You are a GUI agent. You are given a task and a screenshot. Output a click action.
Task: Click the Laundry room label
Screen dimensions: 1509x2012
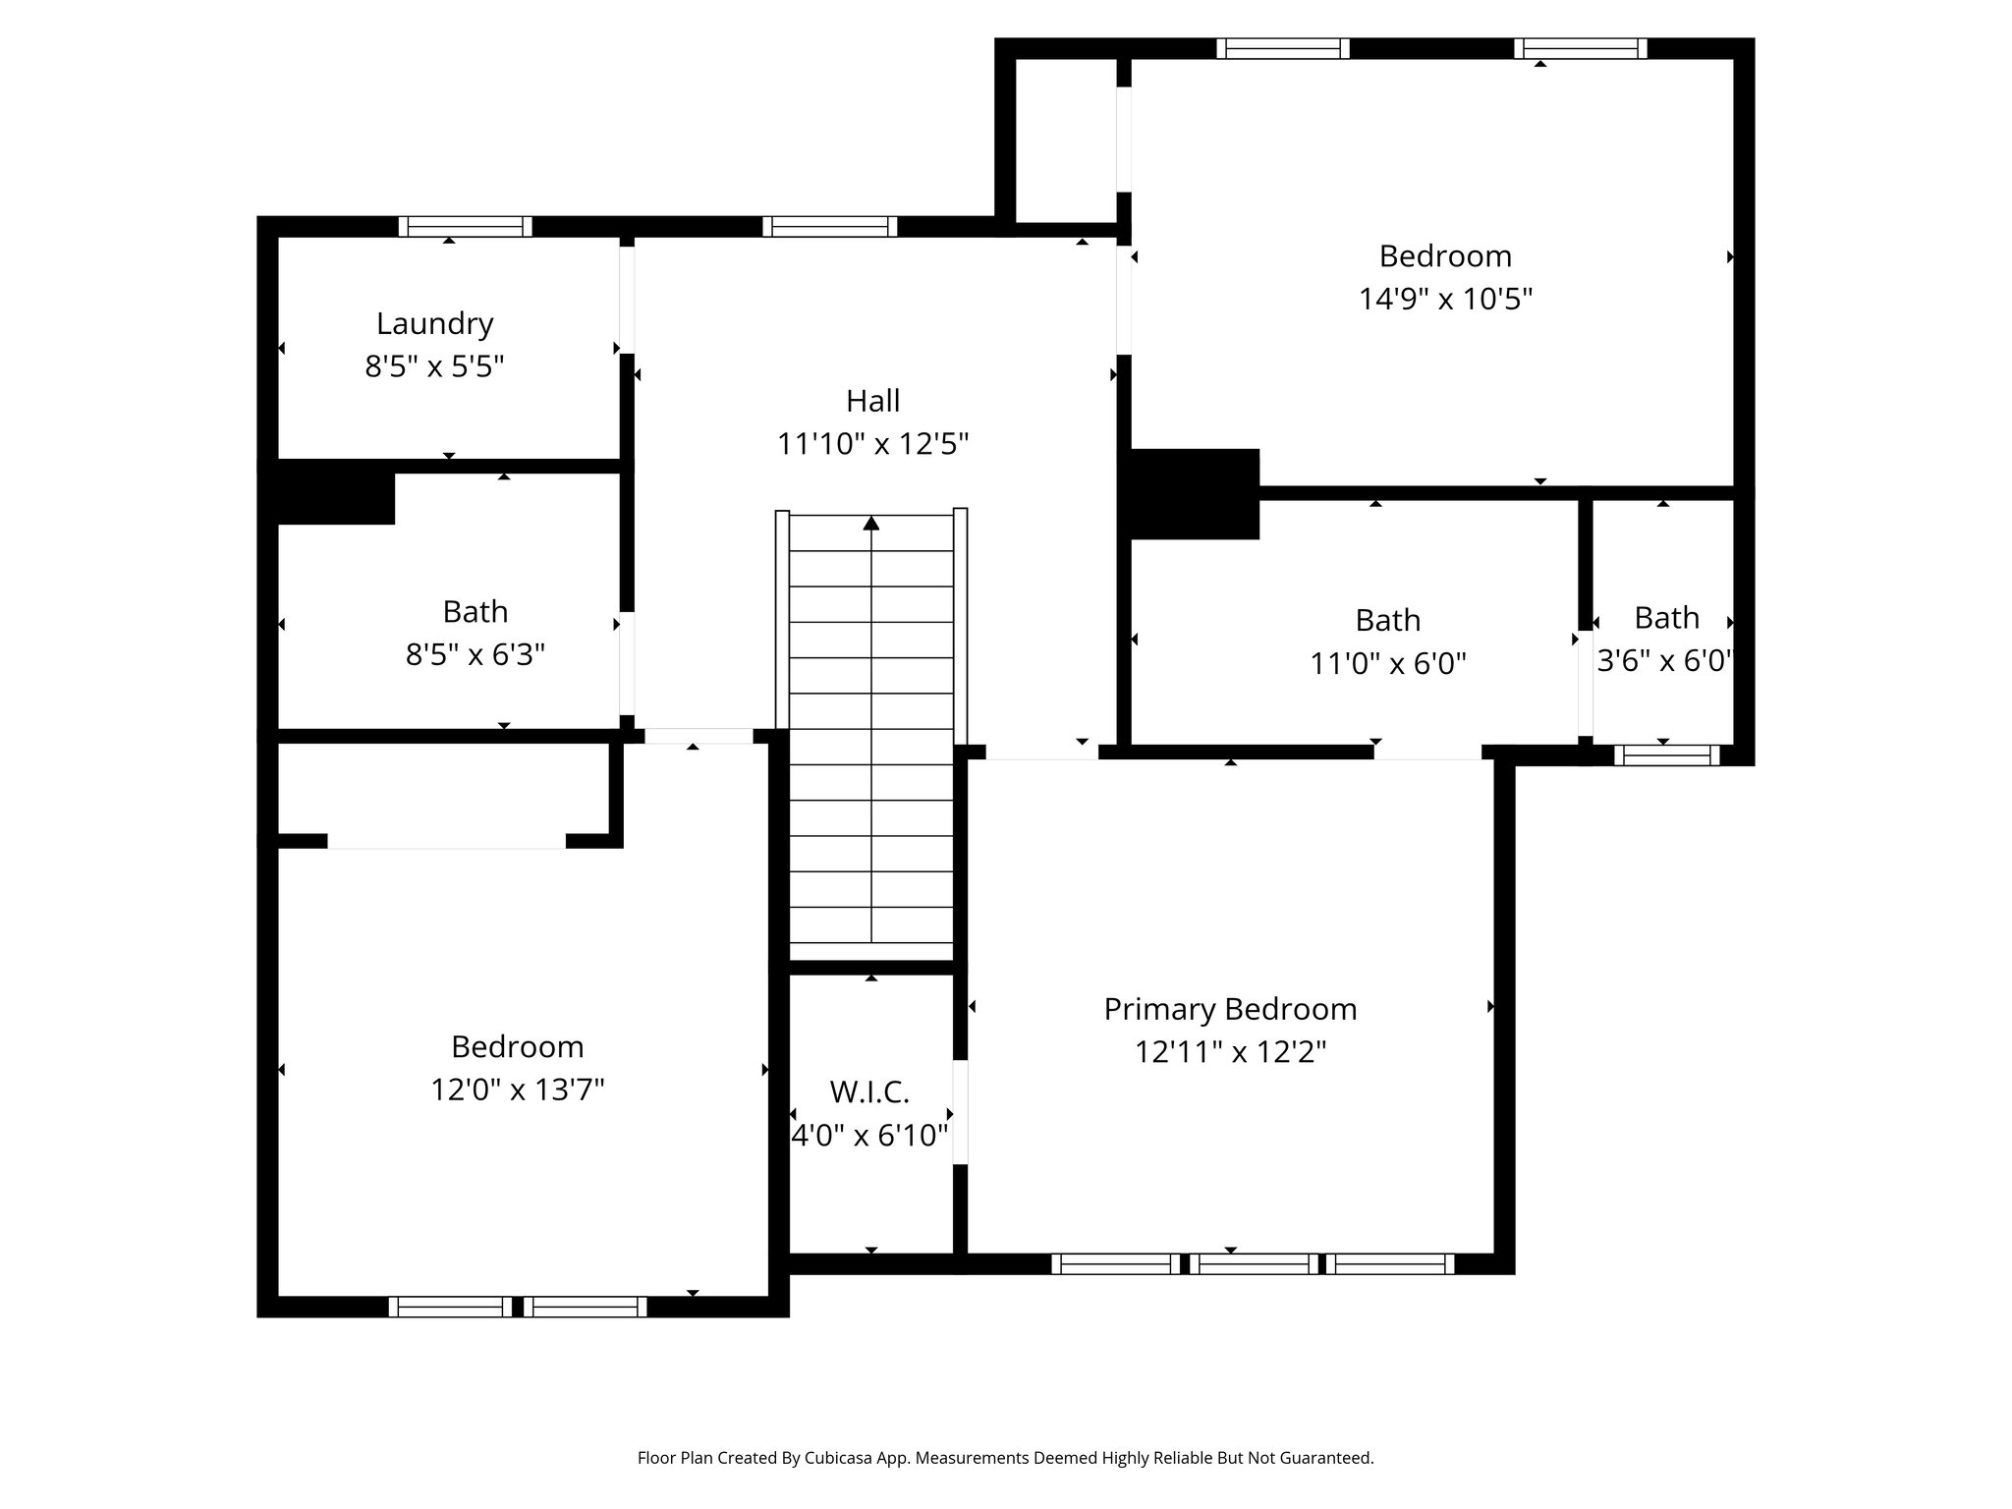point(434,323)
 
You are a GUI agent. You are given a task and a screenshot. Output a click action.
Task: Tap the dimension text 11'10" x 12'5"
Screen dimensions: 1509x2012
point(872,444)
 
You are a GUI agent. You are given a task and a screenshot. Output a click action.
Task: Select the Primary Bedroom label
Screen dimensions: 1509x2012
point(1230,1009)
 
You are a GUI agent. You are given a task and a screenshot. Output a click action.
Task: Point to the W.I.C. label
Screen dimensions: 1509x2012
point(869,1091)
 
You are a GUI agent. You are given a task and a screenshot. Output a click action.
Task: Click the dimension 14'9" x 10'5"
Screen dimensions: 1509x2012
point(1445,299)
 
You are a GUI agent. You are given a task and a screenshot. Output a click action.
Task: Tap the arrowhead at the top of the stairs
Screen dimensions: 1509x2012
point(871,523)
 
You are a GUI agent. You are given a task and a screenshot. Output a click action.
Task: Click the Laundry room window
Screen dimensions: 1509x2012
point(466,227)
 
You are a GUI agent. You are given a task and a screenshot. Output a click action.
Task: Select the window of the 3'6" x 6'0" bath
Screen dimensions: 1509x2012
point(1667,754)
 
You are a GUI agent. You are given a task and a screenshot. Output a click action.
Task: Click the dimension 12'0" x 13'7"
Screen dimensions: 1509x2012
point(517,1090)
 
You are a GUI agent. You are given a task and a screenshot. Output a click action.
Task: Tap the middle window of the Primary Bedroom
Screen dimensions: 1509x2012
point(1255,1264)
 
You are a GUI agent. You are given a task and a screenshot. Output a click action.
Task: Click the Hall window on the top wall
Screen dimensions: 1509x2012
point(830,227)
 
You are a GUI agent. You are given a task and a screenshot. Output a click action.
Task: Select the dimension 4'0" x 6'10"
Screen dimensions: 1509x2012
point(869,1136)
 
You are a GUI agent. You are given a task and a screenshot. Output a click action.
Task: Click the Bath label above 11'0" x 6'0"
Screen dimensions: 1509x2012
point(1387,620)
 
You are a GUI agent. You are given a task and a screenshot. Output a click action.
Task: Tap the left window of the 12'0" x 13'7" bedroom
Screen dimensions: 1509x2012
point(450,1307)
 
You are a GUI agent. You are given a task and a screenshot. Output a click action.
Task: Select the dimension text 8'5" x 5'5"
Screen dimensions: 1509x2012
point(434,366)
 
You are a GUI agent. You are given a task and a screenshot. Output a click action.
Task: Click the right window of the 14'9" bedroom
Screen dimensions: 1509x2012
point(1580,48)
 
